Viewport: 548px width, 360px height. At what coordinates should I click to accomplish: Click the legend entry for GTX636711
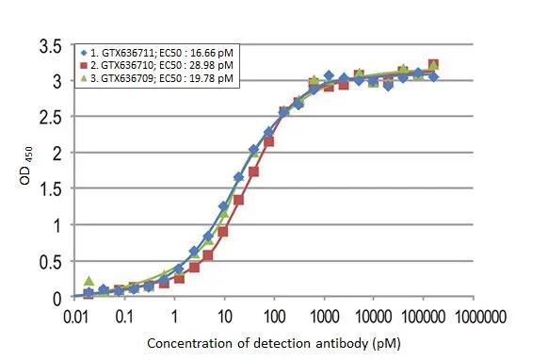point(159,53)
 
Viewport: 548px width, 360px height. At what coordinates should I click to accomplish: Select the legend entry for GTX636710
point(159,66)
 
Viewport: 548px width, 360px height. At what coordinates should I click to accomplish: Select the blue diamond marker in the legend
point(84,53)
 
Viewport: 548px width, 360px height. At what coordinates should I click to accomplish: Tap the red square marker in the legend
point(84,66)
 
